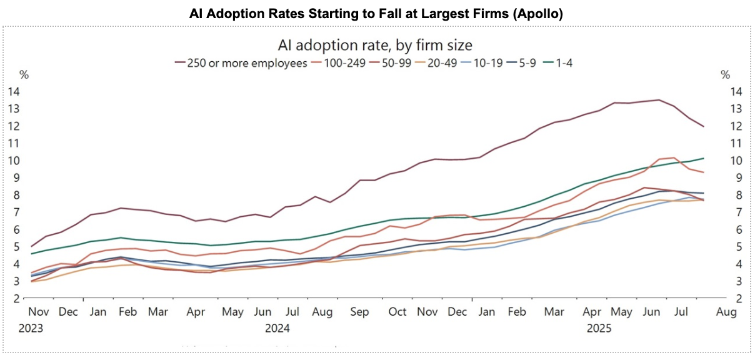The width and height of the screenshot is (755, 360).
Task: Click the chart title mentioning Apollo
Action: [376, 14]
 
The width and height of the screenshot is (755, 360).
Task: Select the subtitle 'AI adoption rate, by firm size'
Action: [375, 45]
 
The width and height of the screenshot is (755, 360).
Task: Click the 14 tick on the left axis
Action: [14, 91]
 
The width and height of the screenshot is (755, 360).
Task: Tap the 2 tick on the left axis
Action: [17, 298]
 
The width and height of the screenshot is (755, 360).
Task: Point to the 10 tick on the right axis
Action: [736, 161]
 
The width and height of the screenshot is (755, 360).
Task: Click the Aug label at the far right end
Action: [726, 312]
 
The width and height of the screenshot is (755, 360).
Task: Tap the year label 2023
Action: [31, 328]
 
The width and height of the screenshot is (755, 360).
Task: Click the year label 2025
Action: [599, 328]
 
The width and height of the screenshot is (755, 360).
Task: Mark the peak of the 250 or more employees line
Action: [659, 100]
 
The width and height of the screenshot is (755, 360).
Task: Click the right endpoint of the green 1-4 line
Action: [703, 158]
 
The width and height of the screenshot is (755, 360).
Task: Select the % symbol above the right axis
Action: [726, 75]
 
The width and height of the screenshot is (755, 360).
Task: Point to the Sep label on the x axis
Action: [359, 312]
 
